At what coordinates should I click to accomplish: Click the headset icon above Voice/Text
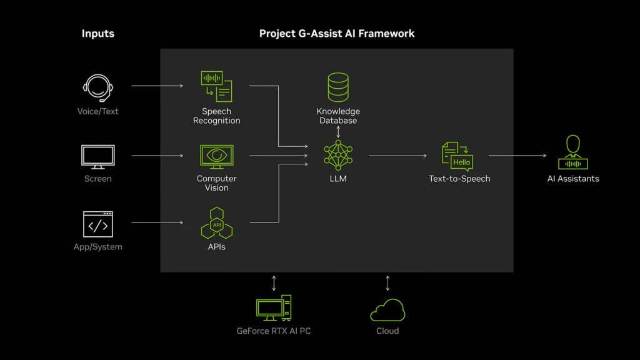point(98,88)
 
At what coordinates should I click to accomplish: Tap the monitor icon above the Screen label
point(98,156)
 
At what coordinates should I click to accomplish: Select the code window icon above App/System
point(98,224)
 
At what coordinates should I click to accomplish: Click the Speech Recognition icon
point(216,86)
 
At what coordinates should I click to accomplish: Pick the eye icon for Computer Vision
point(216,156)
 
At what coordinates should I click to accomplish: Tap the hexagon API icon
point(216,223)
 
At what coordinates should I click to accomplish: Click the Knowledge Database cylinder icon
point(338,87)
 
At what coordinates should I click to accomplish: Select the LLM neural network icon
point(338,156)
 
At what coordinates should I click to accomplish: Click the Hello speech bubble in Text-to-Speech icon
point(461,162)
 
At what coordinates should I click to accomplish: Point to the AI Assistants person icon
point(573,153)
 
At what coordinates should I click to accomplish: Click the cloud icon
point(387,310)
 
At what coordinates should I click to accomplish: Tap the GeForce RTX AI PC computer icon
point(273,309)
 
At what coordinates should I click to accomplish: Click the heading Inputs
point(98,33)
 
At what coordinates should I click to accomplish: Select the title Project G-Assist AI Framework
point(337,33)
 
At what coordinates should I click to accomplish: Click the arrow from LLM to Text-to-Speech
point(397,156)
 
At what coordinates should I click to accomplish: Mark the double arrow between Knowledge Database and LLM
point(338,132)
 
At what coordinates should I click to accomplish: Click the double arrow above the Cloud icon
point(387,283)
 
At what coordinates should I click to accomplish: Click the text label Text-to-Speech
point(459,179)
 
